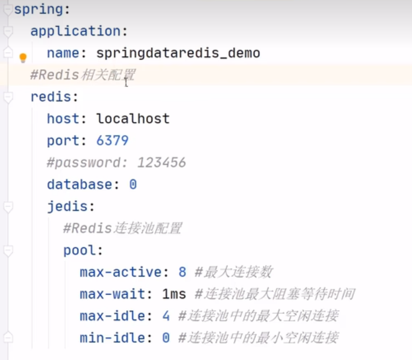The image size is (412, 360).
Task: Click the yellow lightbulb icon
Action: coord(22,57)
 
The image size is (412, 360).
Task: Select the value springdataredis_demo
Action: coord(178,53)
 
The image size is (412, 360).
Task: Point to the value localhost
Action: coord(133,119)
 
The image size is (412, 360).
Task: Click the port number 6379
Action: coord(112,141)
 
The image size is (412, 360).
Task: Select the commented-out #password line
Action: coord(116,163)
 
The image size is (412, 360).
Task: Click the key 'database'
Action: coord(80,185)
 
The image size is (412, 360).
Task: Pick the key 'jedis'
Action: coord(67,207)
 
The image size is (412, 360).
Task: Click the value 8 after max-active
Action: coord(182,272)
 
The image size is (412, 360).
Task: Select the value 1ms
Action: coord(174,294)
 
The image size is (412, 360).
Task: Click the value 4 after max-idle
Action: coord(166,316)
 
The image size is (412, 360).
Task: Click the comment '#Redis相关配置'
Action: coord(82,75)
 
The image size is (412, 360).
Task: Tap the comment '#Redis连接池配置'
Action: coord(122,228)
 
